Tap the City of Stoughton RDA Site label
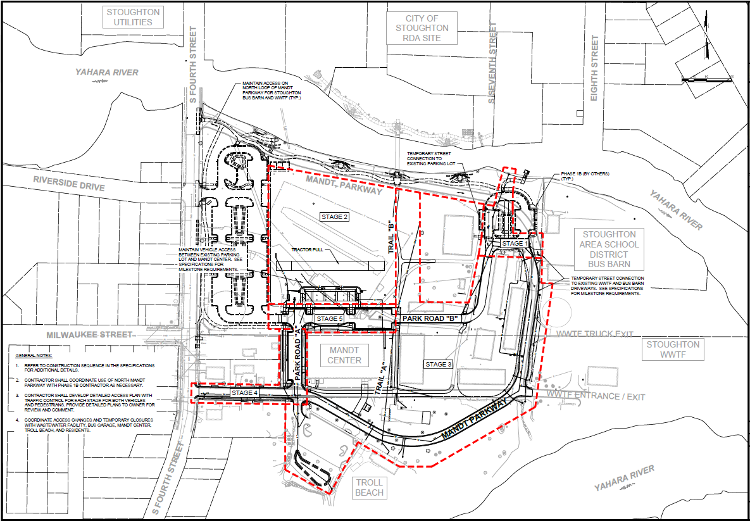422,28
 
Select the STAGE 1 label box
513,244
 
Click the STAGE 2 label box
335,217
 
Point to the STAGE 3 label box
439,365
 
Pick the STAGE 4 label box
245,393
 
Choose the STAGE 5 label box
330,318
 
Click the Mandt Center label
344,355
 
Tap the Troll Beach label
369,487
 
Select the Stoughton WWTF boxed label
673,349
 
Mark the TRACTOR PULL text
307,250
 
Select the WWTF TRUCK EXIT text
594,334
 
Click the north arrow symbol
707,49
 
